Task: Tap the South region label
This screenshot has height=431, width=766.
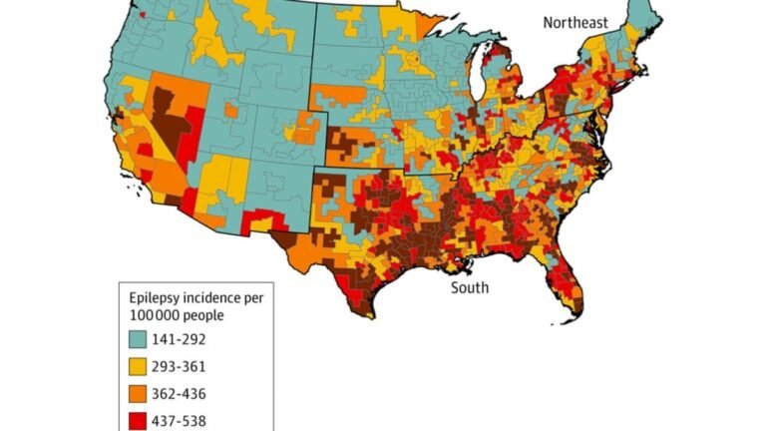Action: pos(469,288)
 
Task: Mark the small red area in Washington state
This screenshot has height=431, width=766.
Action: pos(143,15)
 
